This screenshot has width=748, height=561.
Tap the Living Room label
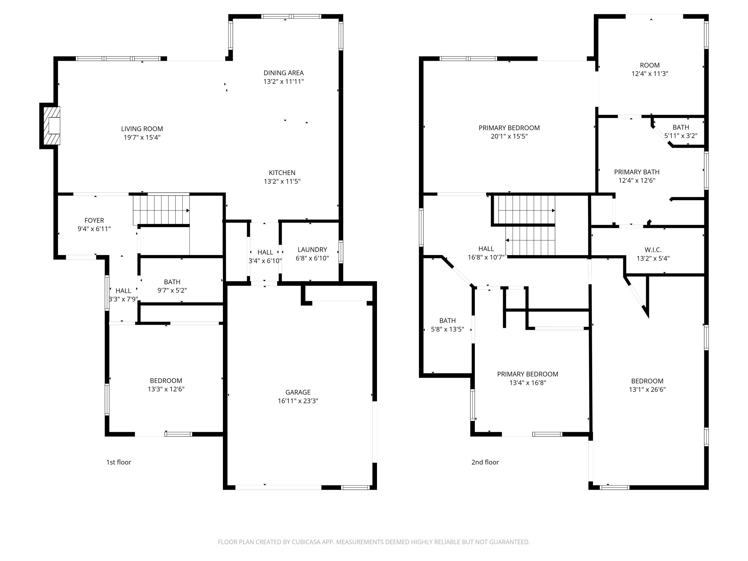point(142,129)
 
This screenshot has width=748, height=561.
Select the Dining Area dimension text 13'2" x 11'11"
point(283,82)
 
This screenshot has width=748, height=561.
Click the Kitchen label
point(282,173)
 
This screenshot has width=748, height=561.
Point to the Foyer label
point(94,220)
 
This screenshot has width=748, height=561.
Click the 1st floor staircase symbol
point(161,210)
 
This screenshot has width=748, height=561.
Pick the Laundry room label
point(312,250)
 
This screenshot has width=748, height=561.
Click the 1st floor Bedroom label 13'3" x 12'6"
point(166,381)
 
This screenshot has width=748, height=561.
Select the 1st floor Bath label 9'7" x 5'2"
point(172,282)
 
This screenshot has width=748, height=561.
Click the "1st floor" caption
point(118,462)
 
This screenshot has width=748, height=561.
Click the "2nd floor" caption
point(485,462)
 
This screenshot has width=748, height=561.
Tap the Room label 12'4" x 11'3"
point(650,65)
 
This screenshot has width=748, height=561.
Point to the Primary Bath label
point(637,172)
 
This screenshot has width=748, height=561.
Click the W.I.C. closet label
point(653,250)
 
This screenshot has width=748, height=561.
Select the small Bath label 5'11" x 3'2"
point(681,127)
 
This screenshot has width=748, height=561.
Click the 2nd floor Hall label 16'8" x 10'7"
point(486,249)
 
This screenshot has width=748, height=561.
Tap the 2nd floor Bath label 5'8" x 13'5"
point(447,321)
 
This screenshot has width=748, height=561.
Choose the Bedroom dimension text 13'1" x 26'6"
point(647,389)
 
